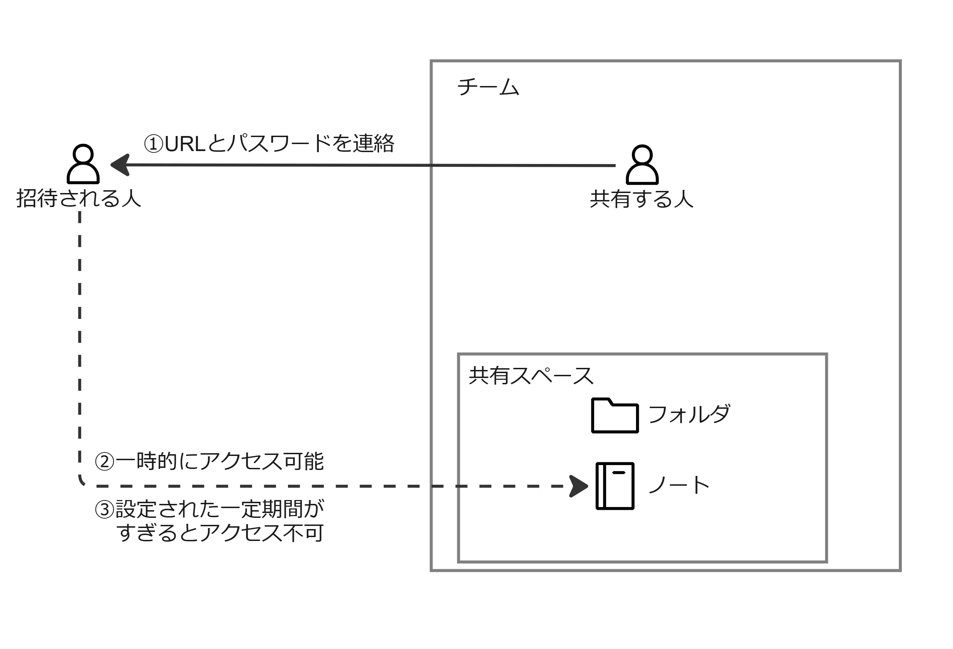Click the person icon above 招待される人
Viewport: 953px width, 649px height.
pos(83,164)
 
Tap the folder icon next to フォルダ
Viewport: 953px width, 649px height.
pos(615,415)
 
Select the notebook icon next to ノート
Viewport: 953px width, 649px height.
pos(615,486)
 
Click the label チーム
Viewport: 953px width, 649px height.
pos(488,87)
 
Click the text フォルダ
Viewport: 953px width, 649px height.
pos(689,414)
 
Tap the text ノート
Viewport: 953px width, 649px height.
pos(679,485)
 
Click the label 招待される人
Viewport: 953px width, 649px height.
pos(78,199)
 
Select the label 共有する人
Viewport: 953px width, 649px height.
pos(642,199)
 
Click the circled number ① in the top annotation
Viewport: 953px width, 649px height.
pos(154,144)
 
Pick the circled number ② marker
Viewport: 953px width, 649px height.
pos(104,462)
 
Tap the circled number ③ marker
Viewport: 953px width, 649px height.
pos(104,510)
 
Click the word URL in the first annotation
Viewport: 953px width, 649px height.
pos(185,144)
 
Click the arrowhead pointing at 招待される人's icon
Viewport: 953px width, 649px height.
pos(120,165)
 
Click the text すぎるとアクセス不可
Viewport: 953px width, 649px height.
pos(220,533)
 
